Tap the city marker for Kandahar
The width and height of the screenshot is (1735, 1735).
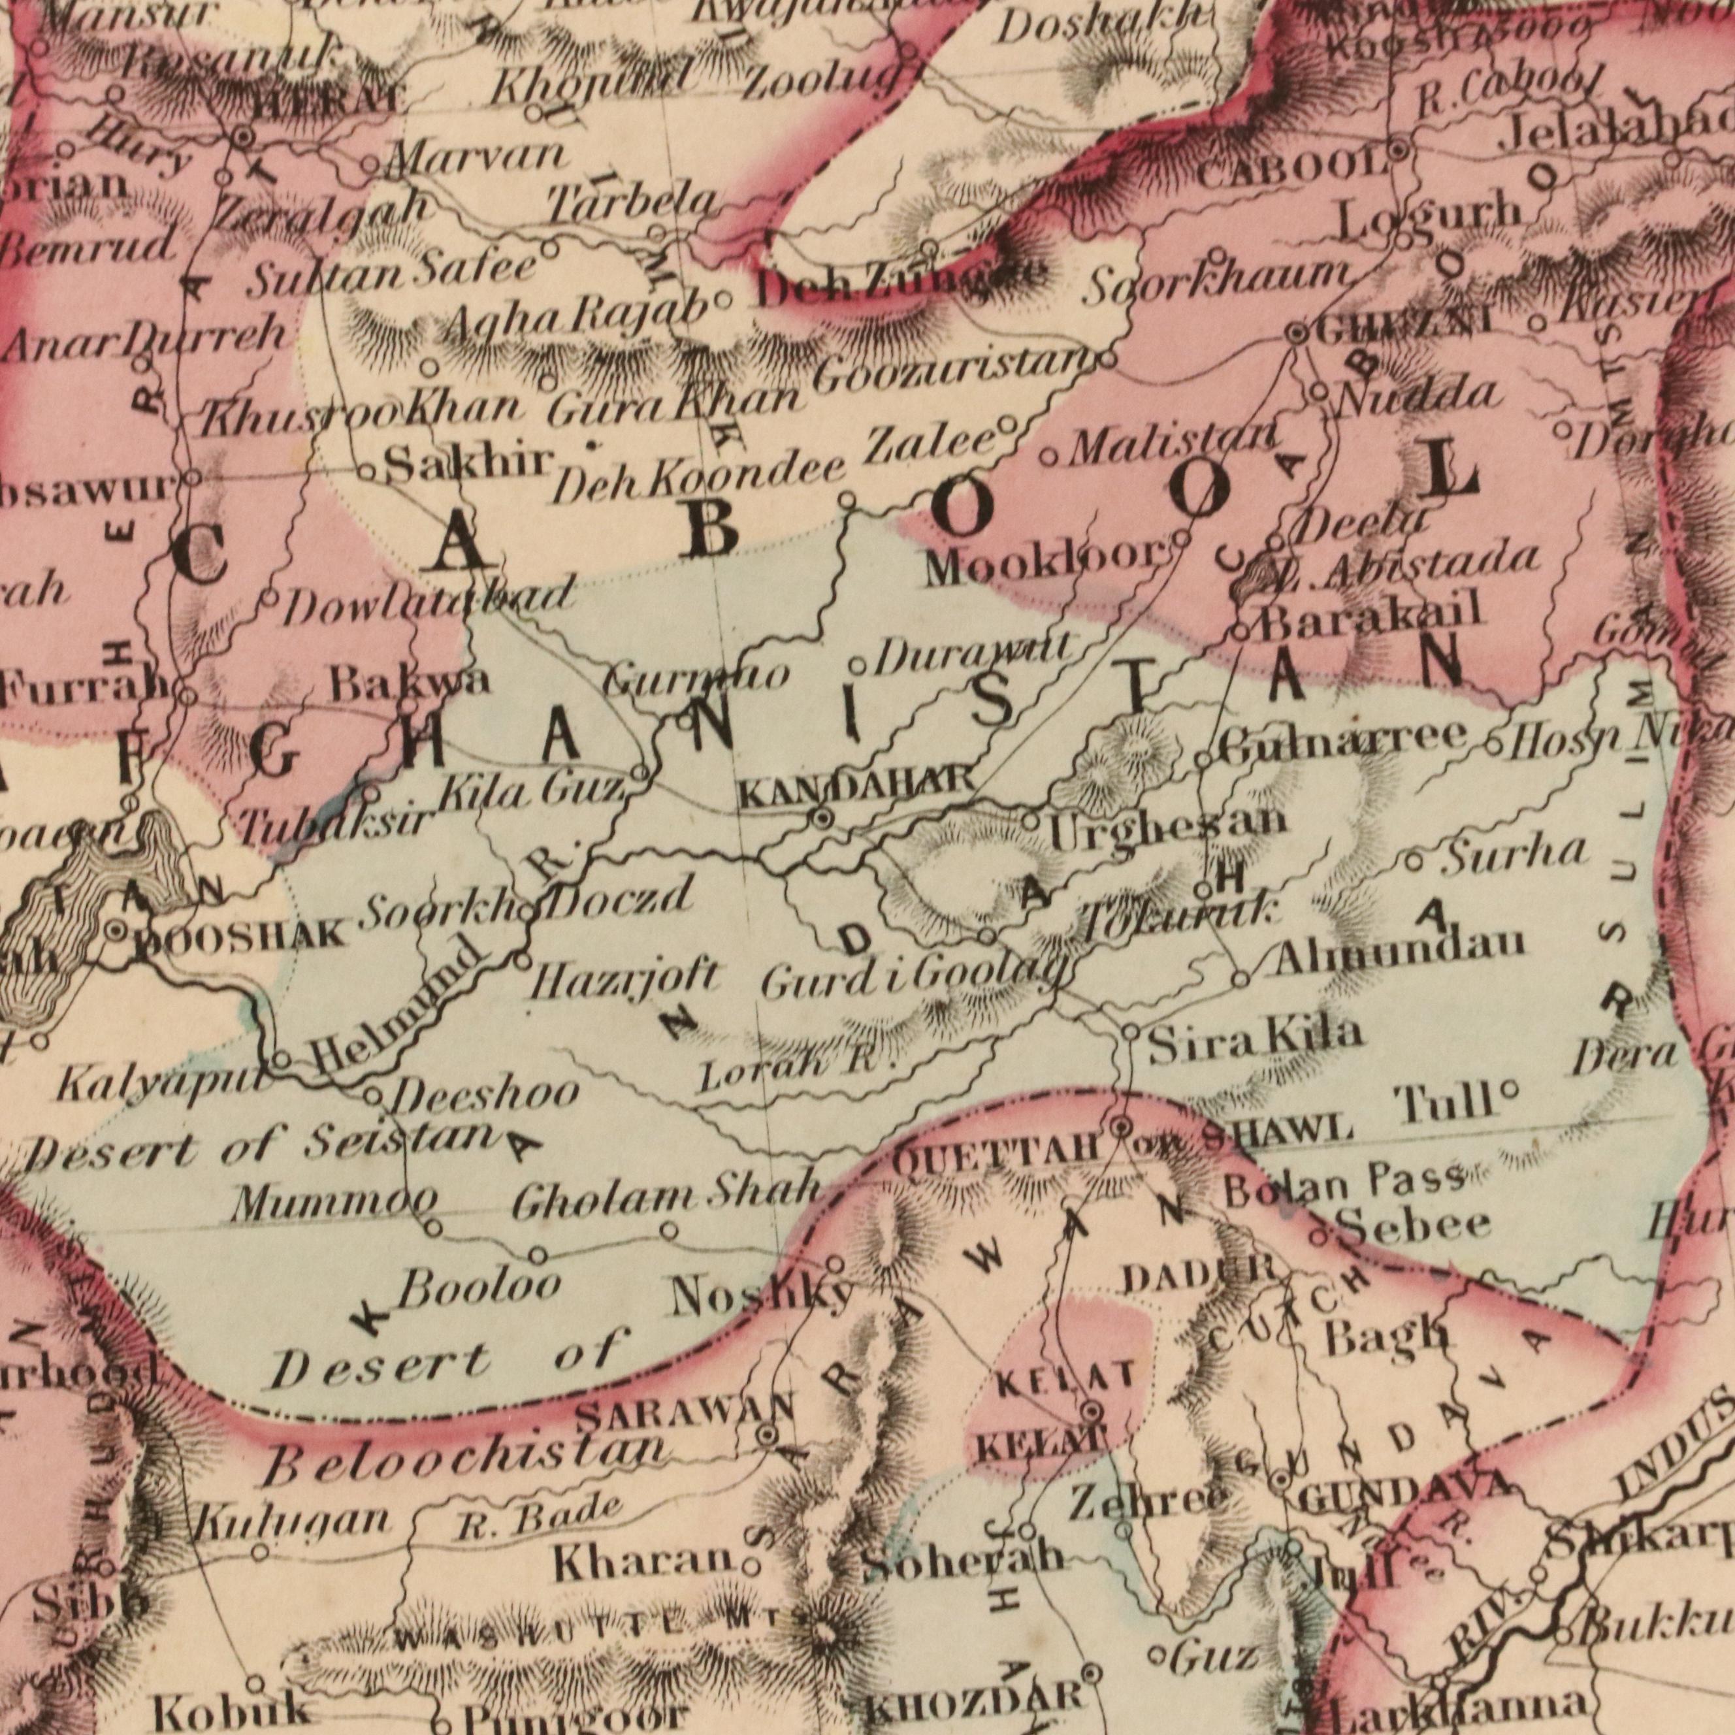pos(822,818)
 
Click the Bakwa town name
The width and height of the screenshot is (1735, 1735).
pos(410,685)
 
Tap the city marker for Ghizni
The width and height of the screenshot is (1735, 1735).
pos(1296,334)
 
